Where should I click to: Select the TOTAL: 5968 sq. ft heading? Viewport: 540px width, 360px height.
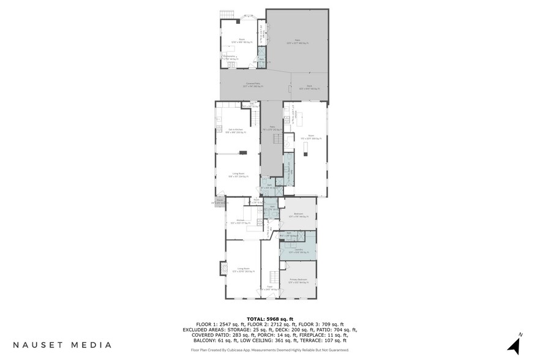[270, 319]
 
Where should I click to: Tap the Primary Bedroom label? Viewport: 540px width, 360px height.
[299, 280]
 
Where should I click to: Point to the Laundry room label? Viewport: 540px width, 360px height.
[298, 251]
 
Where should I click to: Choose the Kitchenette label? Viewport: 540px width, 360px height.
[230, 58]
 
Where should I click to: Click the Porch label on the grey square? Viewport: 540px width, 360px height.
[219, 201]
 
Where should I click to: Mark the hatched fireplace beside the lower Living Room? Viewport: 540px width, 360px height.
[222, 268]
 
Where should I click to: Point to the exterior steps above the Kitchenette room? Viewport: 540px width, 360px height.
[228, 14]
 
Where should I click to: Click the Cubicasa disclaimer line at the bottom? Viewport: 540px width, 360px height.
[270, 350]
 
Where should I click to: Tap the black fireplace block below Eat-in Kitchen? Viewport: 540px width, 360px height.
[244, 152]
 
